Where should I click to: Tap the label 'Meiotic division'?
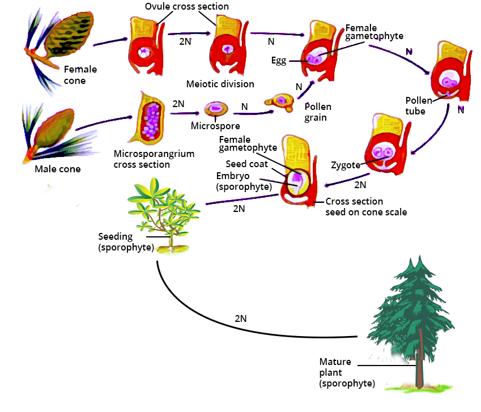[x=220, y=84]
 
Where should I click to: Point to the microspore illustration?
[x=216, y=109]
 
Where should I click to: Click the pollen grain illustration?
[x=277, y=101]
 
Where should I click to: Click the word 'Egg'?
[x=279, y=61]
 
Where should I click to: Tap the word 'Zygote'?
[x=346, y=166]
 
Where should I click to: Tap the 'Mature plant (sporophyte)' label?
[x=346, y=372]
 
